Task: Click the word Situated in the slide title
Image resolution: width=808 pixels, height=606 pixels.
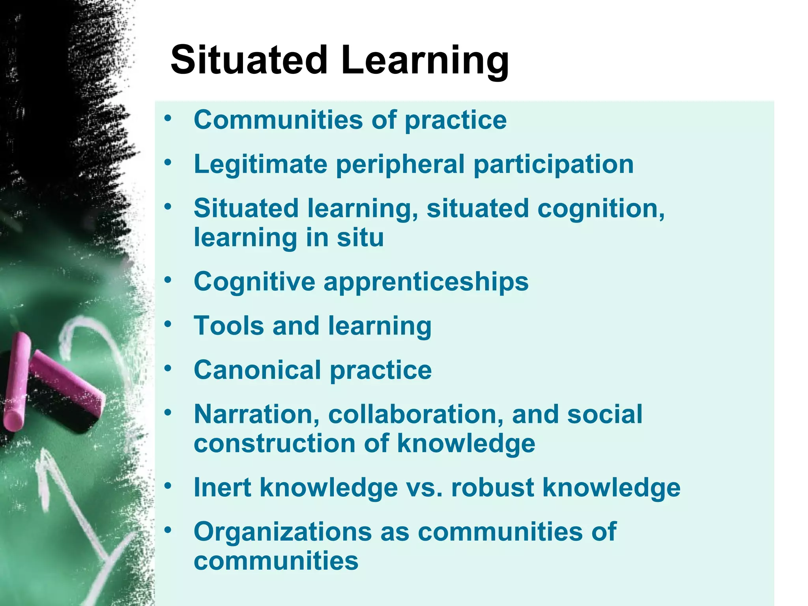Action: click(249, 60)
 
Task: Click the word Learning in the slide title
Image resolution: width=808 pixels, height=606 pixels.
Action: click(425, 61)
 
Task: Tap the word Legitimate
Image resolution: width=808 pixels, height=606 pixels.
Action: click(260, 164)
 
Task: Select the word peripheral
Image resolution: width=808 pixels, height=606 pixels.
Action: click(400, 165)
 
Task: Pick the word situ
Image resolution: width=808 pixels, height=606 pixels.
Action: click(360, 238)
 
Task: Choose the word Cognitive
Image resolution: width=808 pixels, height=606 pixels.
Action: click(254, 282)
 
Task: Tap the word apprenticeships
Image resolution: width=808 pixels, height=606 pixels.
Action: click(426, 282)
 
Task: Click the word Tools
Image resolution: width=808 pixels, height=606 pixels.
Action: click(229, 326)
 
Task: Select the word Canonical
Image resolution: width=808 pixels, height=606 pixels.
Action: click(257, 370)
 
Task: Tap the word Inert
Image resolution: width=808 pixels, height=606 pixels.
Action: click(223, 488)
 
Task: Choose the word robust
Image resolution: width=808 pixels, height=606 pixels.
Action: click(492, 488)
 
